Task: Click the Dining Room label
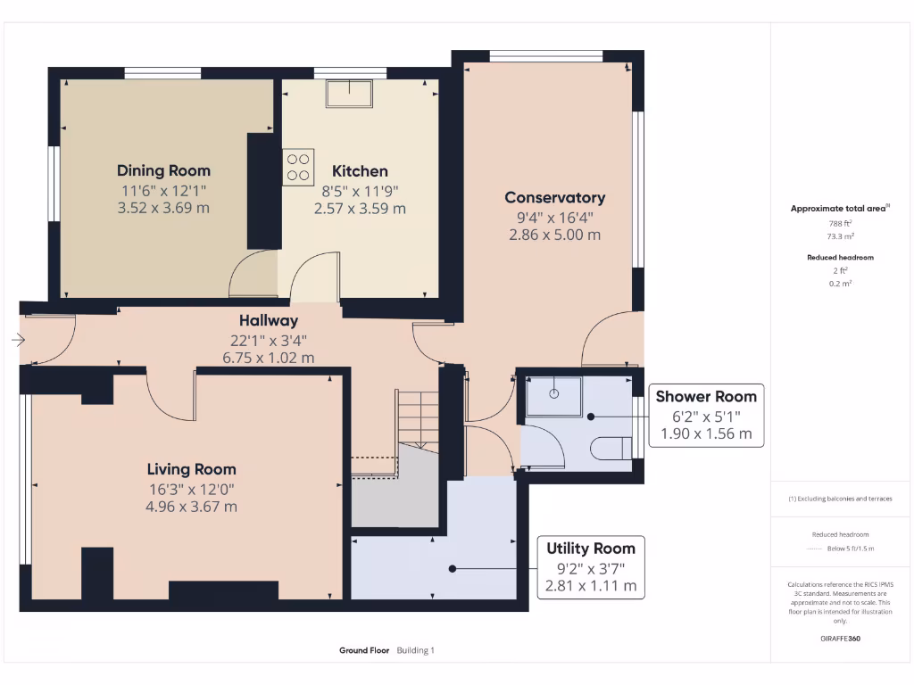[x=163, y=170]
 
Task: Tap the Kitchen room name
[x=360, y=171]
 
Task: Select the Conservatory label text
[x=554, y=198]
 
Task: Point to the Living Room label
[x=191, y=469]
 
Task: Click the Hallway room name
[x=268, y=320]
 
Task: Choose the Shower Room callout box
[x=705, y=416]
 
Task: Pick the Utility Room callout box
[x=591, y=567]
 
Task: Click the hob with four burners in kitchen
[x=299, y=167]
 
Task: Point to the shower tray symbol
[x=553, y=396]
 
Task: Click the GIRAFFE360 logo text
[x=840, y=639]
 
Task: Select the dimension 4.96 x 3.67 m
[x=191, y=507]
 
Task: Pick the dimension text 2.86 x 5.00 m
[x=554, y=235]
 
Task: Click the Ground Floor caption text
[x=364, y=650]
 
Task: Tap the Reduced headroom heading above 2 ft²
[x=840, y=257]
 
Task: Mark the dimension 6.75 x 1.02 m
[x=268, y=358]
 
